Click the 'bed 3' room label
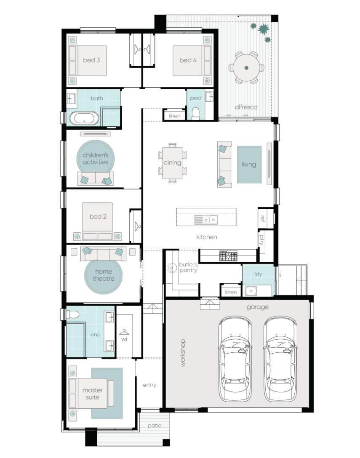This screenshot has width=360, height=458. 91,60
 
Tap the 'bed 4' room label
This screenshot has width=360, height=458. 188,60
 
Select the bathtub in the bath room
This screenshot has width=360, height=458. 84,119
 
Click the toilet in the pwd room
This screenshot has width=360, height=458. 195,113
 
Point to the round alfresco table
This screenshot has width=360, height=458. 246,68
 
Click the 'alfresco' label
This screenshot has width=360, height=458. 246,107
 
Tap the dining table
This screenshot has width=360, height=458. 172,162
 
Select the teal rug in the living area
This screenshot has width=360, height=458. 249,165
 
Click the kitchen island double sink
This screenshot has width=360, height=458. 206,220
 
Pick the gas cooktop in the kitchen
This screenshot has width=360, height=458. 228,256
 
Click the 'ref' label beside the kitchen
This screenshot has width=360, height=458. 262,218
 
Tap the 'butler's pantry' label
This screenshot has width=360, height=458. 188,267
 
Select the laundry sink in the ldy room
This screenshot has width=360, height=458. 251,291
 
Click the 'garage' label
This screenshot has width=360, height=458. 257,307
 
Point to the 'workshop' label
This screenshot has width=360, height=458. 183,353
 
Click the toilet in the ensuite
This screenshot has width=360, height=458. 72,314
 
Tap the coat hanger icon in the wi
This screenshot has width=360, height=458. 124,332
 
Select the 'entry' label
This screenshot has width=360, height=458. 149,385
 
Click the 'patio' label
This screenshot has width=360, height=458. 155,426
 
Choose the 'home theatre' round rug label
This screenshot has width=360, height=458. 104,275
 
